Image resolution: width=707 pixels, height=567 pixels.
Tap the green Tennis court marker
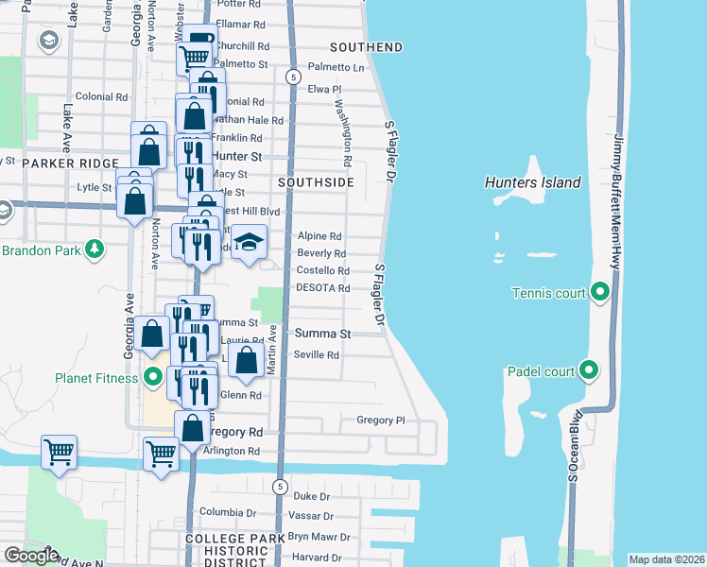pyautogui.click(x=598, y=293)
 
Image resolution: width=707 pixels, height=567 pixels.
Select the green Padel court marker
pyautogui.click(x=589, y=370)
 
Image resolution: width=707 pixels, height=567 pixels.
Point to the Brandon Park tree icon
pyautogui.click(x=94, y=249)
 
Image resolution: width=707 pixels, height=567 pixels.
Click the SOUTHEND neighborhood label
pyautogui.click(x=367, y=47)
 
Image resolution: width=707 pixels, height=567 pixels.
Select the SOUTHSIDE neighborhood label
pyautogui.click(x=317, y=181)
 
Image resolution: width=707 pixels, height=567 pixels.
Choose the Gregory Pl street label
pyautogui.click(x=380, y=420)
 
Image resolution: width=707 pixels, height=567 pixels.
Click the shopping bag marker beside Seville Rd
pyautogui.click(x=246, y=361)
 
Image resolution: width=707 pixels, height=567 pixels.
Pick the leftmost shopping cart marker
pyautogui.click(x=59, y=452)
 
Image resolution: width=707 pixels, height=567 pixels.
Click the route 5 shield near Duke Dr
pyautogui.click(x=280, y=486)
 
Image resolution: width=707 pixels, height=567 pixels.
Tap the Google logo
pyautogui.click(x=30, y=556)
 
